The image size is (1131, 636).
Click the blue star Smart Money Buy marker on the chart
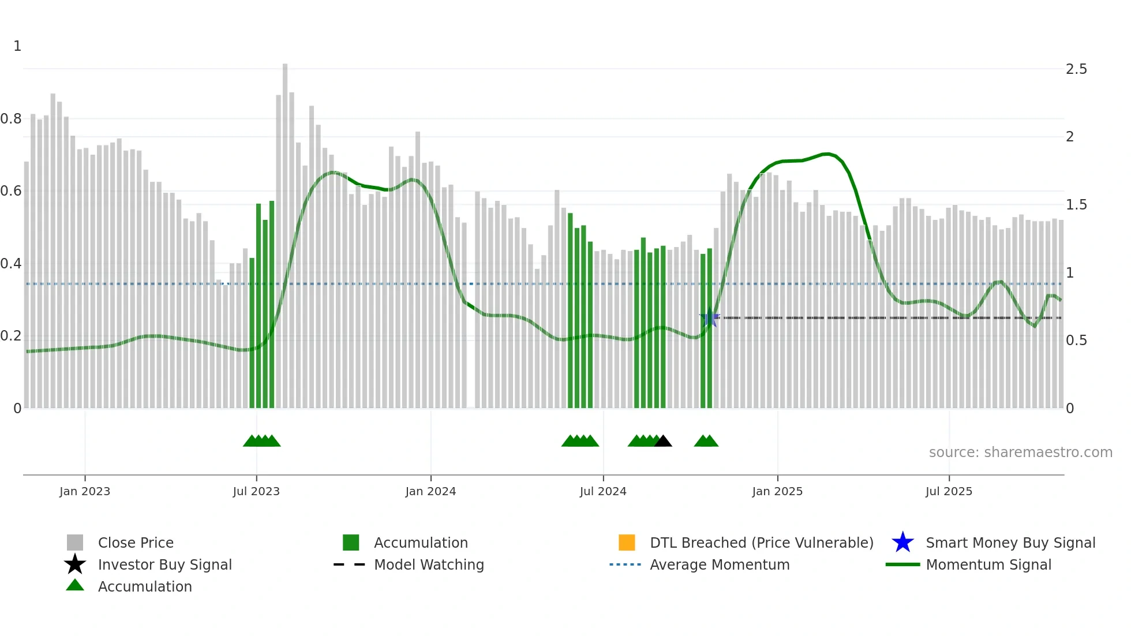coord(710,317)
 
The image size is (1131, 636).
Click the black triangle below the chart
coord(663,442)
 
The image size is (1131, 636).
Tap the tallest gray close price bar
coord(285,237)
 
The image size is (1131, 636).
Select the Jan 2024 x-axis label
coord(430,491)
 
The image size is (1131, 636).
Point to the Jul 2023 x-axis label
coord(256,491)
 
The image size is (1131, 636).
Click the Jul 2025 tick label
coord(949,491)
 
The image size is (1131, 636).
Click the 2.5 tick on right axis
coord(1076,69)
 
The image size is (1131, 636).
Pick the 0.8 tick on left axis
coord(11,119)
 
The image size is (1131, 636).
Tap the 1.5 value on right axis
coord(1076,205)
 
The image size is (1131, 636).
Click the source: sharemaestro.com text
coord(1020,452)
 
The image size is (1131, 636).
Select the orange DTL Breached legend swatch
coord(627,543)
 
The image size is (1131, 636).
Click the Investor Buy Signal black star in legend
coord(75,564)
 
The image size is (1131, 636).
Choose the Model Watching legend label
coord(429,564)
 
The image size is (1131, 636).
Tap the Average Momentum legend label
coord(720,564)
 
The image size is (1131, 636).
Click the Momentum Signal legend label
coord(988,564)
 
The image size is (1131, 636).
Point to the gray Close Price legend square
coord(75,543)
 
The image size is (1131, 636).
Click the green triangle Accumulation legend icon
coord(75,585)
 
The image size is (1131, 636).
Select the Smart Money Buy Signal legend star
coord(902,543)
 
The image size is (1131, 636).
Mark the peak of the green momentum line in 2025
coord(826,154)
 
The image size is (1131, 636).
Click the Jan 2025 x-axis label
coord(777,491)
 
